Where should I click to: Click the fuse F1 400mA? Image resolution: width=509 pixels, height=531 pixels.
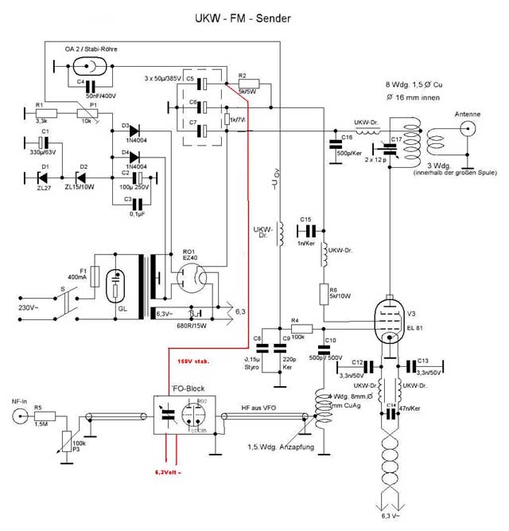(x=95, y=277)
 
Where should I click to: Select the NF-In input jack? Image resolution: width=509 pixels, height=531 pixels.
(x=15, y=415)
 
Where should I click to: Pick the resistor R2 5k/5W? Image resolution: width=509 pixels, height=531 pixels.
(x=248, y=82)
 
